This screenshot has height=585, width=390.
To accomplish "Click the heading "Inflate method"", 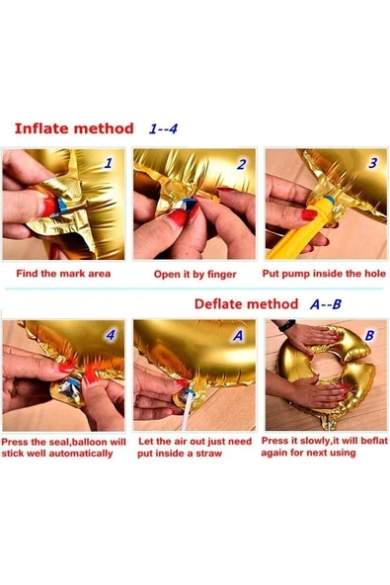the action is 74,128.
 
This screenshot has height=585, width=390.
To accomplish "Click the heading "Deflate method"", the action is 246,304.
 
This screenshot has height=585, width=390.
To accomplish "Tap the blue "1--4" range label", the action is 163,129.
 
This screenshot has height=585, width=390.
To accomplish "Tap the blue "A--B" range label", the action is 326,304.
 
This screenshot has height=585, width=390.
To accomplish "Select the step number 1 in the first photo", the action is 109,163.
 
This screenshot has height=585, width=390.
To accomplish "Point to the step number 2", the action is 242,164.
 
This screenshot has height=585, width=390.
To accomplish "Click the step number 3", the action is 372,163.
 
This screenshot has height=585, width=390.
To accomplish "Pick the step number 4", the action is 111,335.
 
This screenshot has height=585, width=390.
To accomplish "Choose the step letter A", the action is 238,336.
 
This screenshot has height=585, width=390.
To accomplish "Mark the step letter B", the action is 369,335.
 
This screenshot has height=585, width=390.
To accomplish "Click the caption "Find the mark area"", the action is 63,274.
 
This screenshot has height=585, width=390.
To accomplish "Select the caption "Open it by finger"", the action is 195,275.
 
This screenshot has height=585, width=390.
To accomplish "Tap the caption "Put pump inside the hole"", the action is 324,274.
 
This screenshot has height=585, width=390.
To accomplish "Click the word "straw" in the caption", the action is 209,454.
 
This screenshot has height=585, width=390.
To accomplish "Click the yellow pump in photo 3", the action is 298,231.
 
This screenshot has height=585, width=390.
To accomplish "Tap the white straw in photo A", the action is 188,408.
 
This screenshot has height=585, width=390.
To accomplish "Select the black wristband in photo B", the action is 286,326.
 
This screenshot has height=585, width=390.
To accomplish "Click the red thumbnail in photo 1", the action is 47,208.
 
